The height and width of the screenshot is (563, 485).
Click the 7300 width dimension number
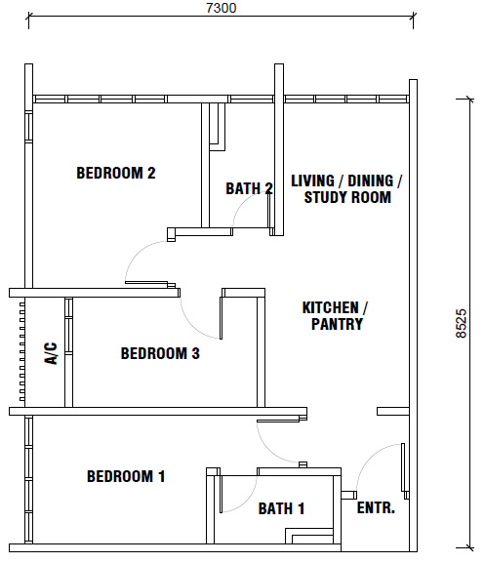[222, 8]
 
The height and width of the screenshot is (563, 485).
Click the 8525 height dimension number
[462, 324]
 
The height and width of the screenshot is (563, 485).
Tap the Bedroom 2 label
[116, 173]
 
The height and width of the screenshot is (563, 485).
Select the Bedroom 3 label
[160, 353]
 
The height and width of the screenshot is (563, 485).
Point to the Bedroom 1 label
[126, 476]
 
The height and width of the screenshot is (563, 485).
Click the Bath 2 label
[249, 188]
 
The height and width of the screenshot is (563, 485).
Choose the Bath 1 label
[281, 508]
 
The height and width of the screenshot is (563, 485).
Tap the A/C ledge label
[51, 353]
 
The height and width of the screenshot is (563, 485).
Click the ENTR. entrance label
[376, 507]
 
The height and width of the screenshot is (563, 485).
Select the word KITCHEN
[330, 307]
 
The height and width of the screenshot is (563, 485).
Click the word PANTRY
[337, 324]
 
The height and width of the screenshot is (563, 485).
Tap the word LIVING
[312, 181]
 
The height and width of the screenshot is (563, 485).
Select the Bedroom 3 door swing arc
[192, 326]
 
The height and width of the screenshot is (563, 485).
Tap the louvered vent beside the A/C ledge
[22, 351]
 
